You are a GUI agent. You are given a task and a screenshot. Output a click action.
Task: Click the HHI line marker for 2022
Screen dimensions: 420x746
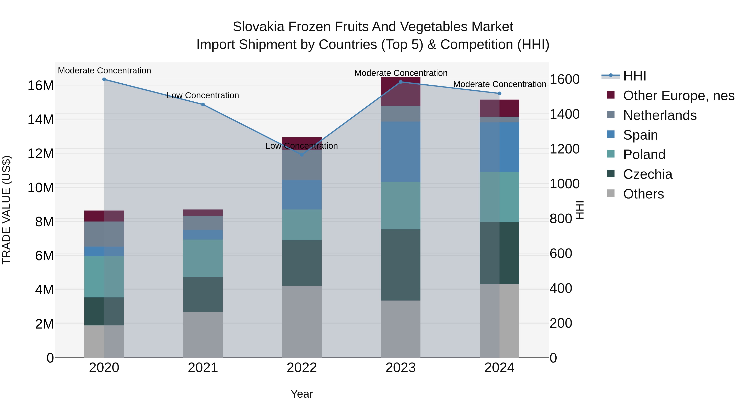[x=302, y=155]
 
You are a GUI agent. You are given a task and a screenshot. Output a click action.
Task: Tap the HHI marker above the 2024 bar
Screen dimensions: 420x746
[x=499, y=93]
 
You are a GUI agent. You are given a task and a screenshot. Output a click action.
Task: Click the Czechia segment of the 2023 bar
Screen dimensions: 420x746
[x=401, y=265]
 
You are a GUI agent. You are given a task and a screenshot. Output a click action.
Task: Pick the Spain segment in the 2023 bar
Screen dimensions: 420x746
[x=401, y=152]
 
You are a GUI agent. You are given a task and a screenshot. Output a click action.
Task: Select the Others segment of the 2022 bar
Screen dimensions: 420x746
[x=302, y=321]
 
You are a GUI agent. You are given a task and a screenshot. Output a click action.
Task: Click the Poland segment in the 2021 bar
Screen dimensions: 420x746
[x=203, y=258]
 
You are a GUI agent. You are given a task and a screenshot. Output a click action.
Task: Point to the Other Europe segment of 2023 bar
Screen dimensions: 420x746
[x=401, y=91]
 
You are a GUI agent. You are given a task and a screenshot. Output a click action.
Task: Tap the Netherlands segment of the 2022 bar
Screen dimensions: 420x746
[x=302, y=165]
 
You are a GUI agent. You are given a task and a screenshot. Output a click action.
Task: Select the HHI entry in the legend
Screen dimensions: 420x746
[x=634, y=76]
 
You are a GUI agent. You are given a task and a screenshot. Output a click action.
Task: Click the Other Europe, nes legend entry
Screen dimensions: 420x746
[x=678, y=96]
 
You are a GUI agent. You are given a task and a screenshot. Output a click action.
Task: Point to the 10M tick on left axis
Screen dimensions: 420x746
[x=41, y=187]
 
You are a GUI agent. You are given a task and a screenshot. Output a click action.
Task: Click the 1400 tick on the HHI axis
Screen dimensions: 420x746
[x=564, y=114]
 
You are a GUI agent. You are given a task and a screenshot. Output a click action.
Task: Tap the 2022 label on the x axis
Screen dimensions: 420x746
[x=302, y=368]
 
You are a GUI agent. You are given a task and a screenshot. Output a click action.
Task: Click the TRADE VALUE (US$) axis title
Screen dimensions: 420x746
[x=6, y=210]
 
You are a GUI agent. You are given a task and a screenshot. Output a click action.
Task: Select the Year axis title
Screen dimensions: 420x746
[x=302, y=394]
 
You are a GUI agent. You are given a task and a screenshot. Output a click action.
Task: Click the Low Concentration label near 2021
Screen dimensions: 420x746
[x=203, y=95]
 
